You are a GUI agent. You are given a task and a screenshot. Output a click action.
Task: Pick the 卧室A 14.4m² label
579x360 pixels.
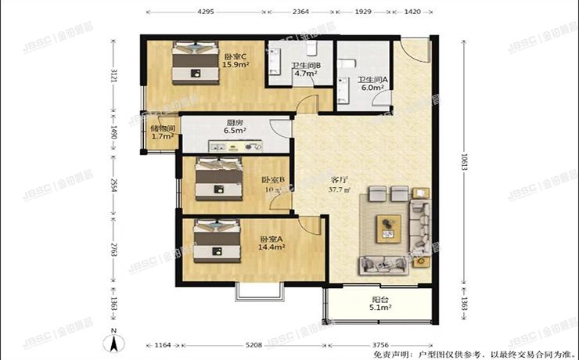point(272,243)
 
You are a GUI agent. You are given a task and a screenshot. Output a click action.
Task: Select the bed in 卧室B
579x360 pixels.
point(216,179)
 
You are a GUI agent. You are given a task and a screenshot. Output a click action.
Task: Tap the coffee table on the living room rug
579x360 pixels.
point(388,226)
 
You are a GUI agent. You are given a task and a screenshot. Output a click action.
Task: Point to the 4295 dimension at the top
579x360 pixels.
point(206,12)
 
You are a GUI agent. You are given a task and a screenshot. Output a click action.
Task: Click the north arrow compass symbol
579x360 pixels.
point(114,341)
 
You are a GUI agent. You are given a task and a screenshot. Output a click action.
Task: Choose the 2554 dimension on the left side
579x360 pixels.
point(114,185)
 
